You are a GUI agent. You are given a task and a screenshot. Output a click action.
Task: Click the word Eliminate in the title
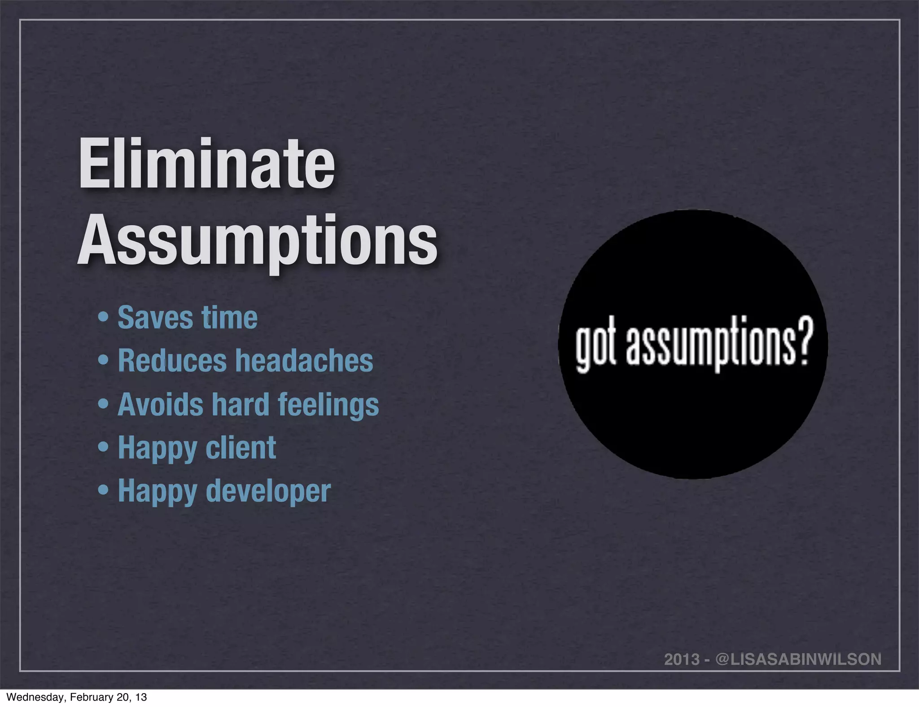point(206,164)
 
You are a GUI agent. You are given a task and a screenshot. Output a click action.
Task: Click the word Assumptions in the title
point(257,240)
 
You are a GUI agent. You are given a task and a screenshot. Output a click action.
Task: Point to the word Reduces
point(172,361)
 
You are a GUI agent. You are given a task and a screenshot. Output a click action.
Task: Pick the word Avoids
point(160,404)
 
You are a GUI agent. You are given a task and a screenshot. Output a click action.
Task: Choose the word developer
point(268,492)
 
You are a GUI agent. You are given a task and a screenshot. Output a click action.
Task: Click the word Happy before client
point(158,449)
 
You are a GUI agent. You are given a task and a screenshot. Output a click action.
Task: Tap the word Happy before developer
point(158,492)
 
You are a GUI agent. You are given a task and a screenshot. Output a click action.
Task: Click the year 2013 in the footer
point(682,659)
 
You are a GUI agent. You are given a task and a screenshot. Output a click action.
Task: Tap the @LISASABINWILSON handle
point(798,659)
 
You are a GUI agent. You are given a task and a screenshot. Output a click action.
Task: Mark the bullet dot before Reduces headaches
point(104,361)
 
